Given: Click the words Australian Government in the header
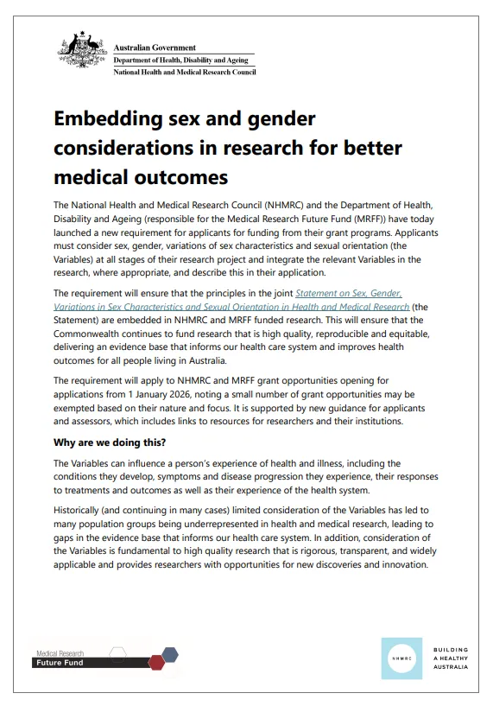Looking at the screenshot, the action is tap(155, 48).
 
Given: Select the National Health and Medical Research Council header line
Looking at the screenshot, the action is tap(185, 72).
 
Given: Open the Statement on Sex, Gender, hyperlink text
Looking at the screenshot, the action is tap(349, 293).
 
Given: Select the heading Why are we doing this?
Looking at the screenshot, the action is tap(111, 443).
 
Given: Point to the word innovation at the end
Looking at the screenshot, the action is tap(397, 564).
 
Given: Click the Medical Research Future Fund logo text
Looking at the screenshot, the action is tap(60, 658).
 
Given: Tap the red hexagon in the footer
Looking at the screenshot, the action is tap(156, 663).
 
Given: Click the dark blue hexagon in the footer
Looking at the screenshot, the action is tap(171, 654).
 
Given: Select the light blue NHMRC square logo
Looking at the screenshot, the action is tap(401, 658).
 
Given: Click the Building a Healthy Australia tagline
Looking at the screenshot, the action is tap(451, 658).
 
